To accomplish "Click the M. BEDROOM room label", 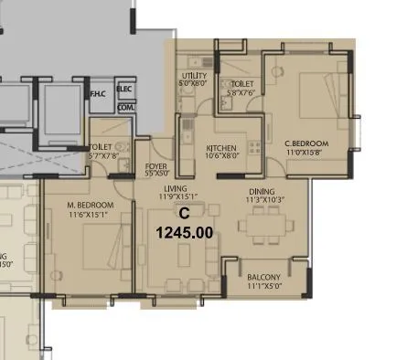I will click(91, 204).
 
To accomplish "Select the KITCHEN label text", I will click(222, 148).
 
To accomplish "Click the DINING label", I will click(262, 191).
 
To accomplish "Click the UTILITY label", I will click(195, 75).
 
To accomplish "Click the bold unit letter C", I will click(184, 213).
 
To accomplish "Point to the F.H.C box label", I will click(98, 93).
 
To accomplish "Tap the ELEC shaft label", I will click(124, 89).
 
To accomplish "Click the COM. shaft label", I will click(124, 107).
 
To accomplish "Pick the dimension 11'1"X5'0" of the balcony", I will click(268, 286).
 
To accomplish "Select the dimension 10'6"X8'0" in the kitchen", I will click(221, 156).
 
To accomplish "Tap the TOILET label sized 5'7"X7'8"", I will click(101, 148).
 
